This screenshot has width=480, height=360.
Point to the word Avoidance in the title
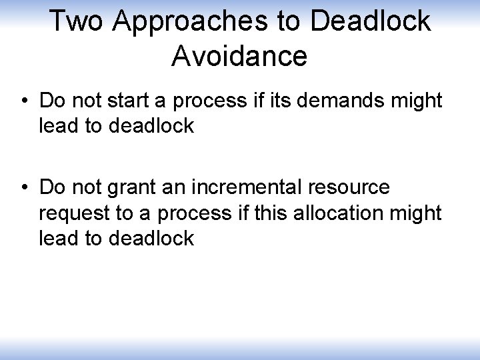tap(239, 56)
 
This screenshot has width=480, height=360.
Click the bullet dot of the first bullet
tap(23, 102)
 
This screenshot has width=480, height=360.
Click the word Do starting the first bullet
tap(51, 101)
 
